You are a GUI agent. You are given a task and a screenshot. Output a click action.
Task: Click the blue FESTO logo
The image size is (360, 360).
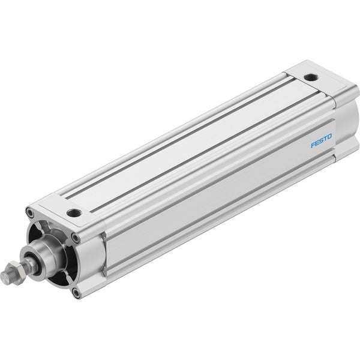click(x=321, y=141)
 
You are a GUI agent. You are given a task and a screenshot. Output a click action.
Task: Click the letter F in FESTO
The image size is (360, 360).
click(x=313, y=145)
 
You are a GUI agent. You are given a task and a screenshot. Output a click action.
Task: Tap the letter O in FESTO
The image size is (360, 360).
click(x=329, y=137)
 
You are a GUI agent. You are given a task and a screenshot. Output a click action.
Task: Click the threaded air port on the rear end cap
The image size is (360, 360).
click(x=311, y=77)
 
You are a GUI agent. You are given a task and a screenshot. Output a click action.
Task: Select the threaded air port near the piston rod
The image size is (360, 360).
click(x=74, y=213)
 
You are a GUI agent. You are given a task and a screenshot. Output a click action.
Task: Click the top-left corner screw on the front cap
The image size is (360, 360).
click(x=29, y=212)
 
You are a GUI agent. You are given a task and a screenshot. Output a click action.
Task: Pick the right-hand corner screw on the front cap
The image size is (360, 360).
click(x=76, y=238)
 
